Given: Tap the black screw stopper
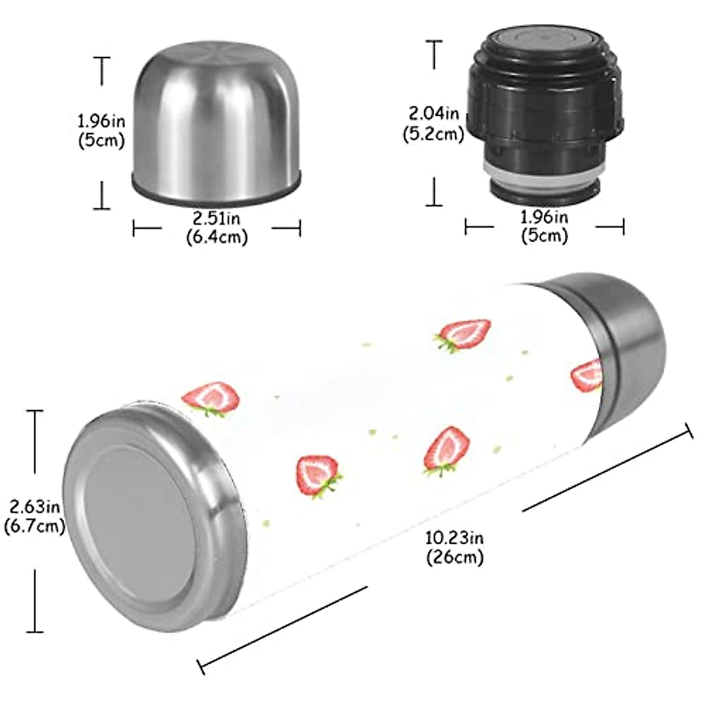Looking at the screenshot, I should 545,112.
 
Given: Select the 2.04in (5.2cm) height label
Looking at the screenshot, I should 434,122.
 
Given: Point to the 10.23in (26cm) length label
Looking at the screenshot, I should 455,547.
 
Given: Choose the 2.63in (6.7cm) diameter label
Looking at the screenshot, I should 34,515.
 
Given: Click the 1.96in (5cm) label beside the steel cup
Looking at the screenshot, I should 102,131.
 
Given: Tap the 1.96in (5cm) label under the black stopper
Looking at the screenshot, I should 544,227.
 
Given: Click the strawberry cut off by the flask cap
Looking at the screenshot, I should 588,375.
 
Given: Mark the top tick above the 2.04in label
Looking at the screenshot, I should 435,41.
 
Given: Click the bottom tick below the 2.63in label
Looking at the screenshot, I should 35,632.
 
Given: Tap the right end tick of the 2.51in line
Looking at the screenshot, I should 300,228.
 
